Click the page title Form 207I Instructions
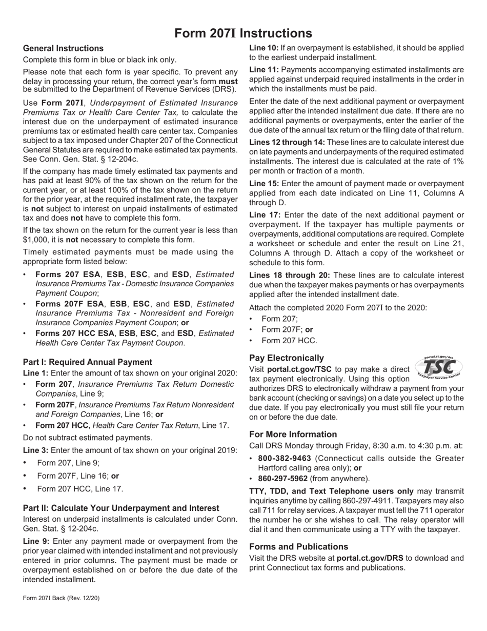point(243,33)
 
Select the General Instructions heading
point(63,48)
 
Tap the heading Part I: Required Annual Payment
point(87,362)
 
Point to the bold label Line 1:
point(35,373)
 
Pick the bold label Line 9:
point(35,541)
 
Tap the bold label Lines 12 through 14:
point(287,142)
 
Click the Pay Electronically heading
point(287,358)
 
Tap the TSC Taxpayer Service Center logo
point(438,367)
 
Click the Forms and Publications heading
point(298,546)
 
